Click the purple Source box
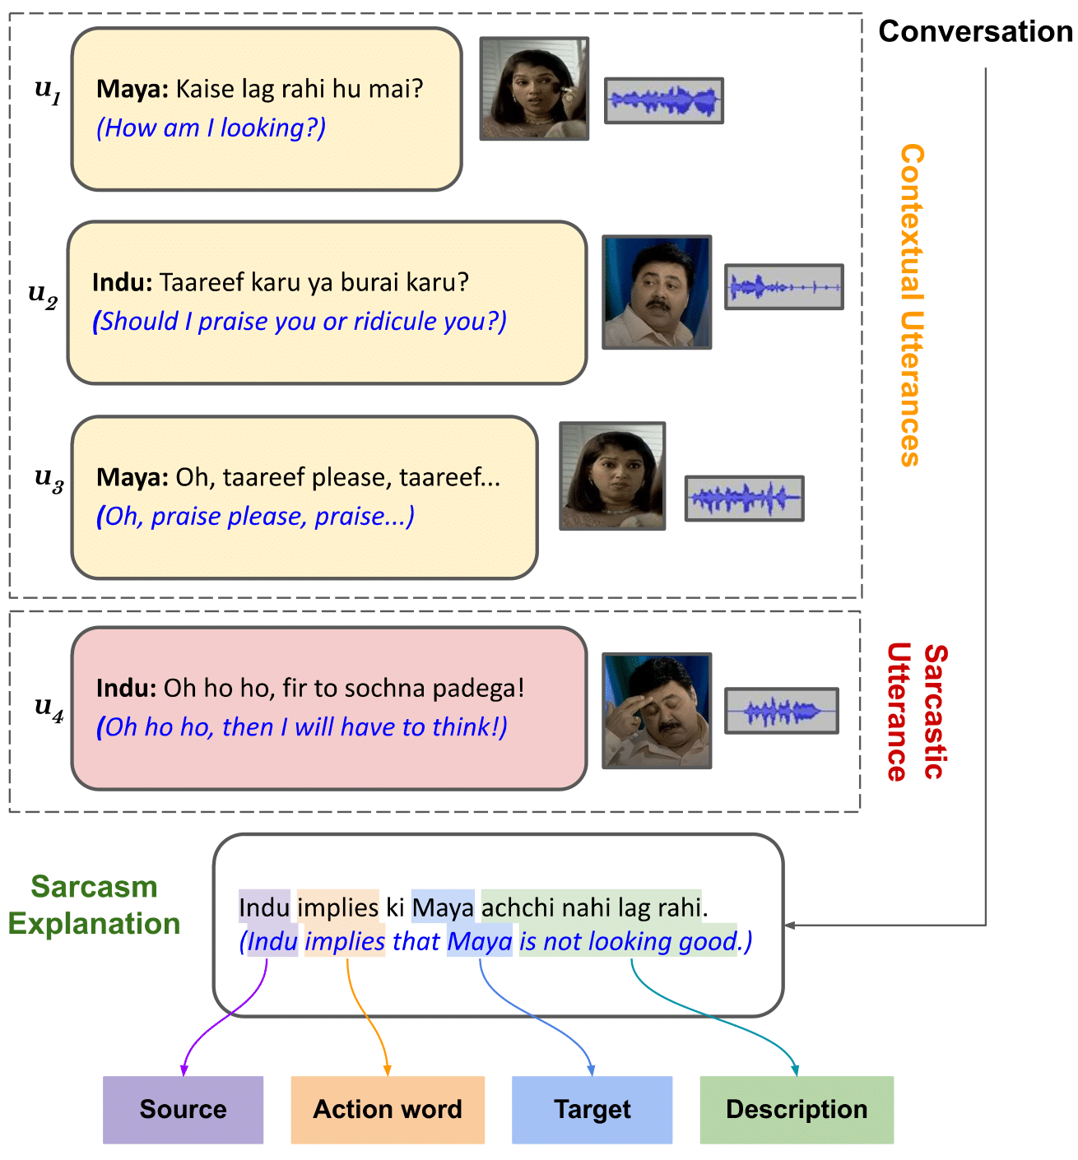tap(183, 1109)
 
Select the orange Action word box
tap(387, 1109)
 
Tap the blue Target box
tap(592, 1109)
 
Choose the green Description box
tap(796, 1109)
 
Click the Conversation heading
tap(975, 31)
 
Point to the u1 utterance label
tap(48, 90)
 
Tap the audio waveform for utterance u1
tap(664, 100)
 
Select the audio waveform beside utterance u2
tap(783, 286)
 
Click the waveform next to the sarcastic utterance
tap(781, 711)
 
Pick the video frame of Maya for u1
tap(534, 88)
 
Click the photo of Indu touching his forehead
tap(657, 711)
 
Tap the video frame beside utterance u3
tap(612, 476)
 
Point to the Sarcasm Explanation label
tap(94, 905)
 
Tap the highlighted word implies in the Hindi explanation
tap(337, 907)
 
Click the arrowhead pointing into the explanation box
tap(790, 926)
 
